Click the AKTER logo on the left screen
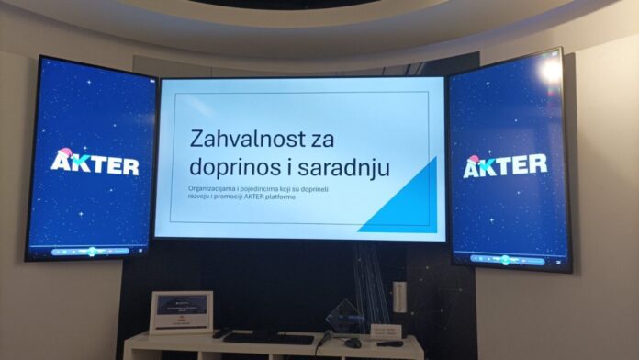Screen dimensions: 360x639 [95, 164]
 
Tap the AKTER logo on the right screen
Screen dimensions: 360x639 [505, 165]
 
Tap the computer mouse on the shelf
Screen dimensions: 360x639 [353, 343]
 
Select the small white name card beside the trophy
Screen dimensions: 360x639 [386, 330]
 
